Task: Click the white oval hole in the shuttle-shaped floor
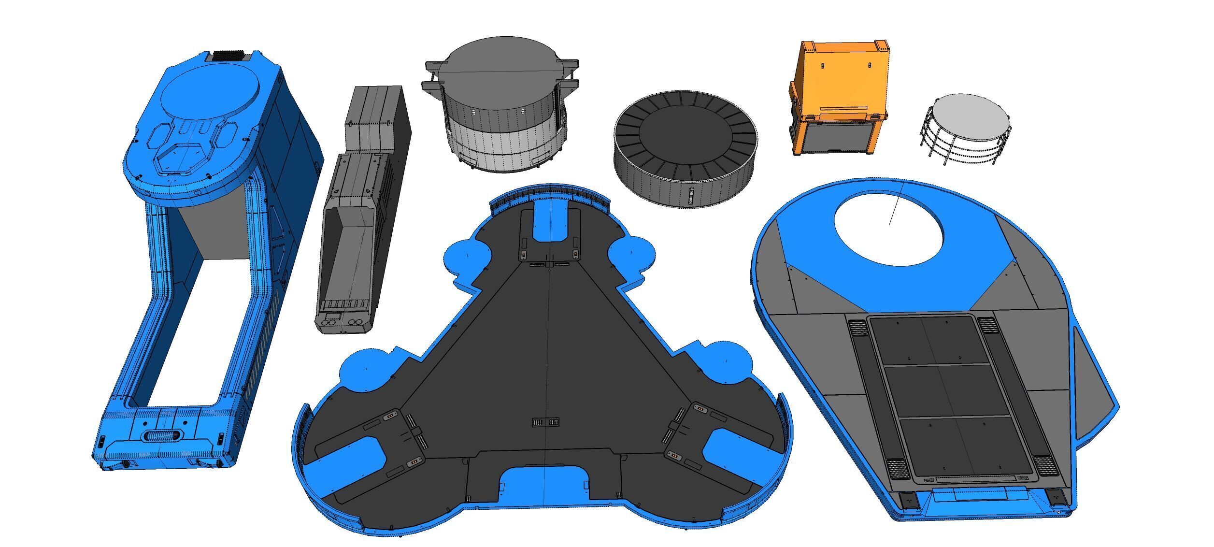pos(888,227)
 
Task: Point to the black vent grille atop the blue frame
pos(229,55)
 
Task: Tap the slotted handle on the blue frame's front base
pos(163,435)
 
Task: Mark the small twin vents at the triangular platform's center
pos(545,422)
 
